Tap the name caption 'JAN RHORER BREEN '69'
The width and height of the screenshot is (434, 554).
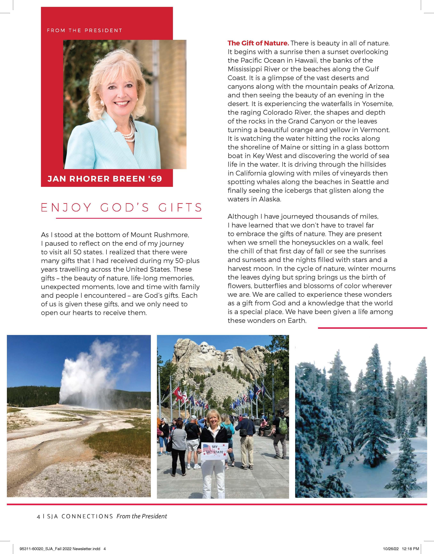(105, 179)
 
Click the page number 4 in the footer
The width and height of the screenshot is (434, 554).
(38, 517)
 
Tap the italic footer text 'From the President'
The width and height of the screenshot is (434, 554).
(142, 516)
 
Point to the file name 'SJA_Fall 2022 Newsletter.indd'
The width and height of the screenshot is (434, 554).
(71, 549)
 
